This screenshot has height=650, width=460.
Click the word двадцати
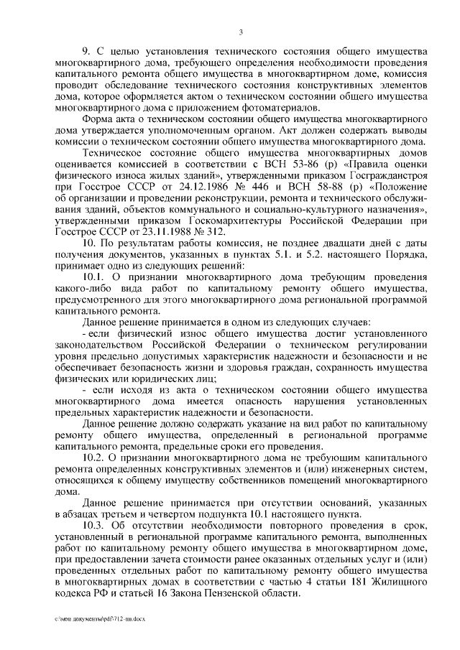(349, 245)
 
